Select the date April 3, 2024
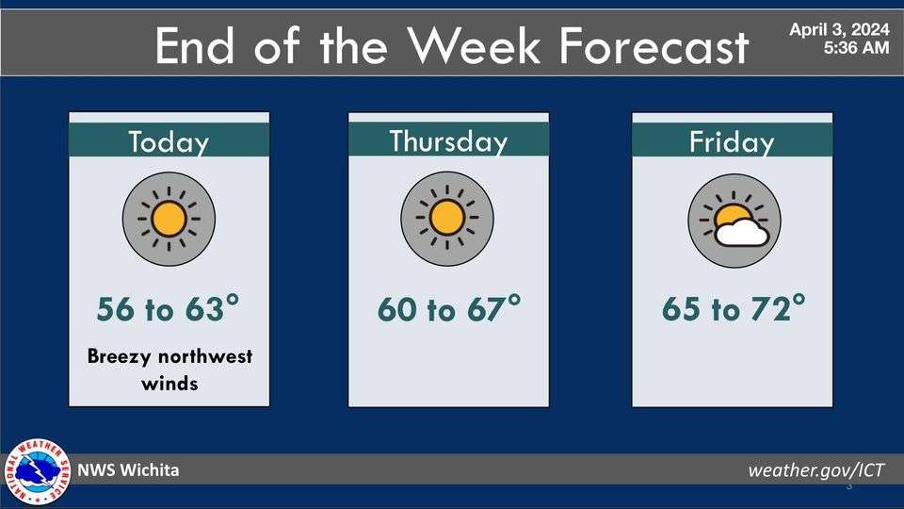tap(839, 30)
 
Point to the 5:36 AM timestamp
tap(855, 48)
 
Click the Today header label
tap(169, 142)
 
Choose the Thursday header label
tap(448, 141)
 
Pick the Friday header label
tap(732, 143)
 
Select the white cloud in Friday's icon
tap(741, 232)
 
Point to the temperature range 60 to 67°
tap(448, 309)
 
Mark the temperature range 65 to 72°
tap(734, 309)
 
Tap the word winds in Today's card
tap(169, 383)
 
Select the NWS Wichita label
tap(128, 470)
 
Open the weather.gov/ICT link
tap(816, 470)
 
